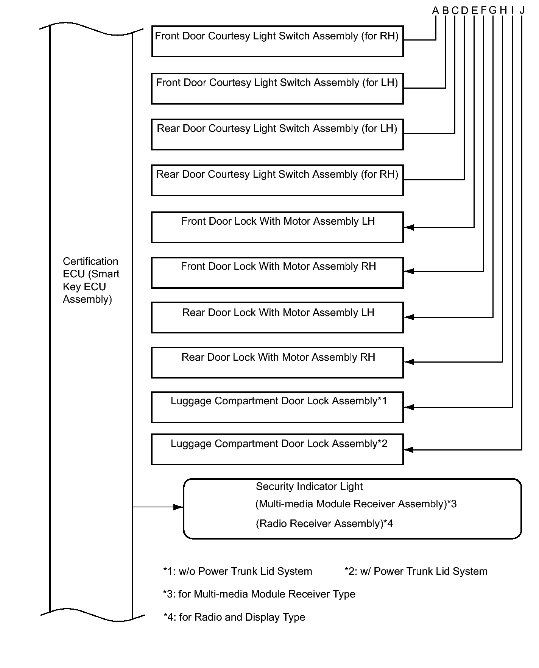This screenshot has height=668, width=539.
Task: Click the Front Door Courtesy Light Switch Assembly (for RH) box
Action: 277,41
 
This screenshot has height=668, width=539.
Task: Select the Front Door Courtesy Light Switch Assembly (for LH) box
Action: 277,89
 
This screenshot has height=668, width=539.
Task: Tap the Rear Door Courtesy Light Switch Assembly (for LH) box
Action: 277,135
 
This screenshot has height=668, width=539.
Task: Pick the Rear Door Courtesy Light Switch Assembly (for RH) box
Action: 277,180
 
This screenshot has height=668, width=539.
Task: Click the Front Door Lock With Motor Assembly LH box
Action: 277,227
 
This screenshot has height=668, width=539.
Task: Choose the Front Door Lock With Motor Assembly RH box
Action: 277,273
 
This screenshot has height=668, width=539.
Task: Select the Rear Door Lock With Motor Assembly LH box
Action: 277,318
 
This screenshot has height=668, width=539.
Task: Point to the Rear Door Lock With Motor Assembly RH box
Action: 277,363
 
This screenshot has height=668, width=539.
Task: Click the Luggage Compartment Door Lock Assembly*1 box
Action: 277,407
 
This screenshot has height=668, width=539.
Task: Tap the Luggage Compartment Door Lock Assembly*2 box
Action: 277,449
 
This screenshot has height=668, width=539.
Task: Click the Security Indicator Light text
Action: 309,487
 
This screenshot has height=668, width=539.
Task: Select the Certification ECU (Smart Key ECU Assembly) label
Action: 91,280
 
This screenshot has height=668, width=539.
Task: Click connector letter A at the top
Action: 435,11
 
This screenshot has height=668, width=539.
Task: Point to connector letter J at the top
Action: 522,10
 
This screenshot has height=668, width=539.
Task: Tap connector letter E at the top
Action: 474,11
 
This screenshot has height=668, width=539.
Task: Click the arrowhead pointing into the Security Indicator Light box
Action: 178,507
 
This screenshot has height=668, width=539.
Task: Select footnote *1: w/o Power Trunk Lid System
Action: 238,571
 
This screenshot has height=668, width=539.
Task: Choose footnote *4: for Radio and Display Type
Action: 234,617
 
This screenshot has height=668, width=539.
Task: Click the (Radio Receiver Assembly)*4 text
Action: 324,524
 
